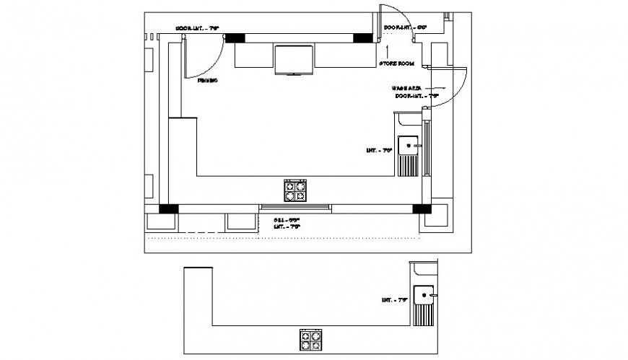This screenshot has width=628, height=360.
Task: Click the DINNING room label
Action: pyautogui.click(x=208, y=81)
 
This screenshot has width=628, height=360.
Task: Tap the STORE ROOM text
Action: pyautogui.click(x=396, y=64)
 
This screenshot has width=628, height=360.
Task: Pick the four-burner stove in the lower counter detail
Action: pyautogui.click(x=311, y=339)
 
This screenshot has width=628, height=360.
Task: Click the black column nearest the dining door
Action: pyautogui.click(x=235, y=38)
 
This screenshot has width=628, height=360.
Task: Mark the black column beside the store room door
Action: pyautogui.click(x=362, y=38)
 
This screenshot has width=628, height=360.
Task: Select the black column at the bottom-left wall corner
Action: pyautogui.click(x=168, y=209)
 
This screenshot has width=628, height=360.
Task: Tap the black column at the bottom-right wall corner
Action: pyautogui.click(x=421, y=209)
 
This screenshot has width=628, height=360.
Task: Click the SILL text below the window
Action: pyautogui.click(x=286, y=219)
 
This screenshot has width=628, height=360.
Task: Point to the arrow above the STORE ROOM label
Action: pyautogui.click(x=388, y=51)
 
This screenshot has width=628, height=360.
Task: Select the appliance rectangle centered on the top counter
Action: pyautogui.click(x=295, y=59)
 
